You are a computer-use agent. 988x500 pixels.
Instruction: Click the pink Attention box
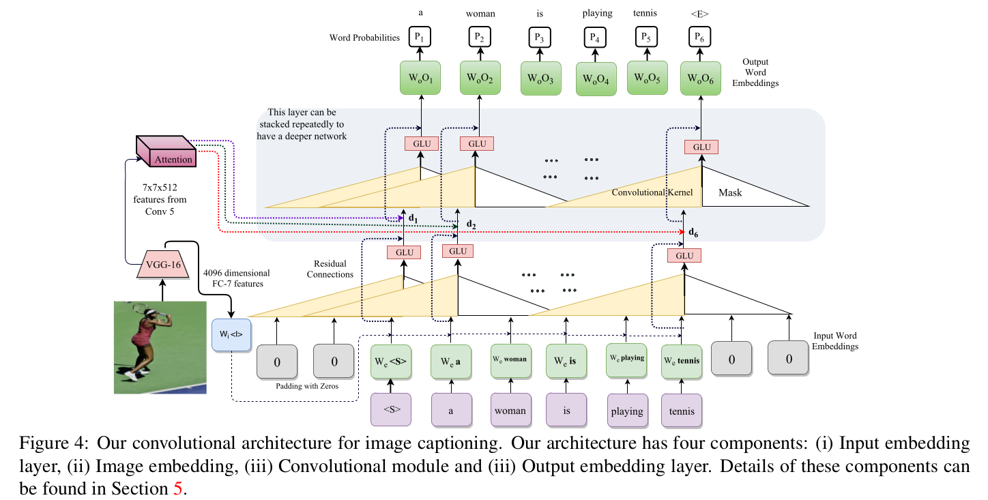(166, 151)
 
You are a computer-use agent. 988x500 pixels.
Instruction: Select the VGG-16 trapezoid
(163, 265)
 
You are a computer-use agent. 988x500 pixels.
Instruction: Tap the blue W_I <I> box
(231, 335)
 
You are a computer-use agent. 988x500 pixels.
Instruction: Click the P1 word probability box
(420, 37)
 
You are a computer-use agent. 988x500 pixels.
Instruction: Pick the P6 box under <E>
(699, 37)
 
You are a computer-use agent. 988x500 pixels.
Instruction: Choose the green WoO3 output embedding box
(541, 78)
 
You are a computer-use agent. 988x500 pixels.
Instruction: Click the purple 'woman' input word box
(511, 411)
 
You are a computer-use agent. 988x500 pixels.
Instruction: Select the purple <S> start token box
(391, 409)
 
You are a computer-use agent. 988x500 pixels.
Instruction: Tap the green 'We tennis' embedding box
(682, 361)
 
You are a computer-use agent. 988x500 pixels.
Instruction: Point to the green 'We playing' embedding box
(627, 360)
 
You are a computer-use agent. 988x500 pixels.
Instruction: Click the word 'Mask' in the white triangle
(730, 192)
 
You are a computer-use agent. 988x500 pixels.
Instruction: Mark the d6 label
(693, 233)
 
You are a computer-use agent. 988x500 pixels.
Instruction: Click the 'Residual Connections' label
(330, 269)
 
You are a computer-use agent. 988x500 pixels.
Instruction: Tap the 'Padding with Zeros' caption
(307, 386)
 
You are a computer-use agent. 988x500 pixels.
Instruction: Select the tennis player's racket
(149, 310)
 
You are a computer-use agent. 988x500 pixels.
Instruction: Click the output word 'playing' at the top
(597, 13)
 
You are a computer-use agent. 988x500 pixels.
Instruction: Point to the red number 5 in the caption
(178, 488)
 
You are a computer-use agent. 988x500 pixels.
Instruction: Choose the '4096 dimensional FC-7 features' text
(237, 278)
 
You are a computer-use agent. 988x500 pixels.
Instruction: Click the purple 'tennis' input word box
(682, 411)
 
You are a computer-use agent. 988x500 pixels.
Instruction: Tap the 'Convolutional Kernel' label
(652, 192)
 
